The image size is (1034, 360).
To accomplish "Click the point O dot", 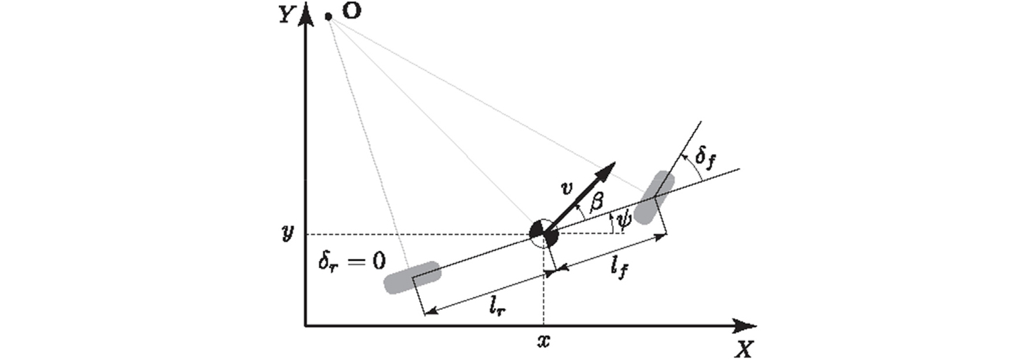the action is tap(329, 17).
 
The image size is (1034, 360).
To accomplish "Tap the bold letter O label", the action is tap(351, 12).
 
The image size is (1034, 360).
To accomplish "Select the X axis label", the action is tap(743, 349).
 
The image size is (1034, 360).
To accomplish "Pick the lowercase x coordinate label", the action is tap(543, 341).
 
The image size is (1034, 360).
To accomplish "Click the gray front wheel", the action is tap(654, 197).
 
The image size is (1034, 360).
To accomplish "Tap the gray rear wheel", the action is tap(411, 277).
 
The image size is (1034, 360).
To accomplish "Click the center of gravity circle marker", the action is tap(544, 234).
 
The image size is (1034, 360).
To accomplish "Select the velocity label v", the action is tap(565, 188).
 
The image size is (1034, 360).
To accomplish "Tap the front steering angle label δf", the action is tap(705, 158).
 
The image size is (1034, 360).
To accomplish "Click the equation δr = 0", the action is tap(352, 261).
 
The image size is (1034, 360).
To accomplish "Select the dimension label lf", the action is tap(620, 268).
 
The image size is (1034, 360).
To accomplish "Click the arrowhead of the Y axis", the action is tap(304, 18).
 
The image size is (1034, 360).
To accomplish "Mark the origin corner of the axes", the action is tap(305, 326).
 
